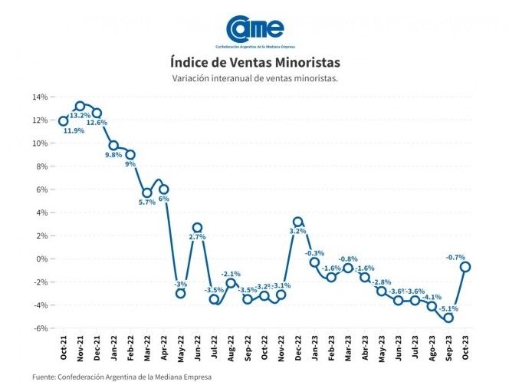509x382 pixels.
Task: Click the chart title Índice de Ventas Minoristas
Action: (254, 61)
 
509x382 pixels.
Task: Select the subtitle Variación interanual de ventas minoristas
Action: (254, 78)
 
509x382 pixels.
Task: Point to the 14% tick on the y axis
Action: (40, 97)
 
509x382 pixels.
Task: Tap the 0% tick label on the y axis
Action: (42, 259)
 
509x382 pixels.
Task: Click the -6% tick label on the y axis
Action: (41, 328)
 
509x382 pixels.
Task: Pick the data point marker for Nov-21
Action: (80, 106)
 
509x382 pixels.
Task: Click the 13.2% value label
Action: (80, 116)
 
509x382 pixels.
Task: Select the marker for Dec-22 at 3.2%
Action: (298, 222)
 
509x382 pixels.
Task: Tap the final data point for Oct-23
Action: (465, 267)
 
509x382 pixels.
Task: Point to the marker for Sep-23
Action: (448, 318)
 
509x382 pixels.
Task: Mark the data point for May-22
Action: (181, 293)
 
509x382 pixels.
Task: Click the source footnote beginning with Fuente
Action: (122, 377)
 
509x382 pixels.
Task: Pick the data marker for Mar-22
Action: (147, 193)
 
